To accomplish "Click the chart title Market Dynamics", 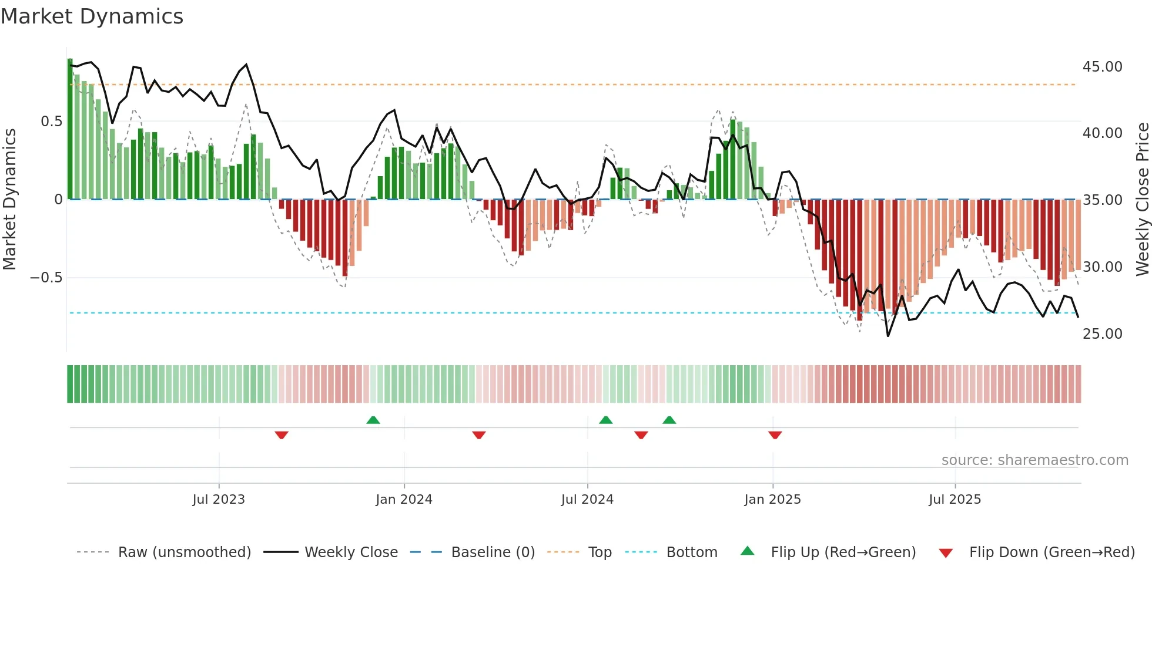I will pyautogui.click(x=92, y=16).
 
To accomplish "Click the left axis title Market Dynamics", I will pyautogui.click(x=9, y=199).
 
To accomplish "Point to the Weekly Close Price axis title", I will pyautogui.click(x=1142, y=199).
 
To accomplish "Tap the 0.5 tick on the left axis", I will pyautogui.click(x=51, y=122).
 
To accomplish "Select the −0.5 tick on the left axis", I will pyautogui.click(x=46, y=278).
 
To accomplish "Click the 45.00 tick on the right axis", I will pyautogui.click(x=1102, y=67).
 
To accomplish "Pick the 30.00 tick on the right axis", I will pyautogui.click(x=1102, y=267).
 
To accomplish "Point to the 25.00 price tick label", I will pyautogui.click(x=1102, y=334).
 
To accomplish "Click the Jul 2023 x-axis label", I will pyautogui.click(x=219, y=500).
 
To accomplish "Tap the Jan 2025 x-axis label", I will pyautogui.click(x=772, y=500).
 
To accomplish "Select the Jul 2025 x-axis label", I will pyautogui.click(x=955, y=500).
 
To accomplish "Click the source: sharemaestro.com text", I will pyautogui.click(x=1034, y=460).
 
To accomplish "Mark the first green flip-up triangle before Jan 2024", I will pyautogui.click(x=373, y=420).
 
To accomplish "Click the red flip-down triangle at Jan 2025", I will pyautogui.click(x=775, y=435).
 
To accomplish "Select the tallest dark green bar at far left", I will pyautogui.click(x=70, y=129).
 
